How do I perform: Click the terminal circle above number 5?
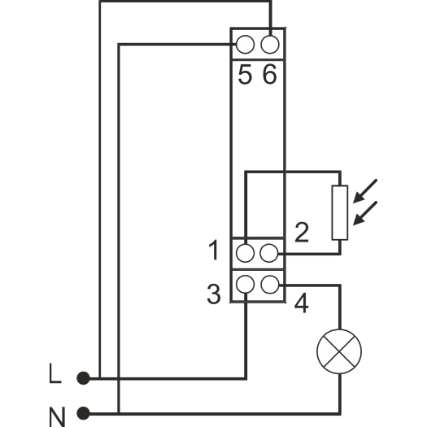tap(245, 45)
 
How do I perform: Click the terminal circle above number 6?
tap(270, 45)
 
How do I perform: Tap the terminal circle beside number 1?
tap(245, 253)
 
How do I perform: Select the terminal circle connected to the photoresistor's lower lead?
tap(269, 253)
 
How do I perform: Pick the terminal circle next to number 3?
tap(245, 284)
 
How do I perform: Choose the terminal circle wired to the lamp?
tap(270, 284)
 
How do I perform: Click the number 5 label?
tap(245, 75)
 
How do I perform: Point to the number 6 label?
tap(269, 74)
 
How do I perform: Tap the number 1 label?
tap(214, 250)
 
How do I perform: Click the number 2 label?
tap(302, 233)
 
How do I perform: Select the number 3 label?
tap(213, 294)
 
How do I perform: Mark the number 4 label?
tap(302, 303)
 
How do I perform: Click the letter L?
tap(55, 373)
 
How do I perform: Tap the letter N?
tap(57, 417)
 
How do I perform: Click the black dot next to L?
tap(83, 378)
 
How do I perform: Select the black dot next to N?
tap(83, 414)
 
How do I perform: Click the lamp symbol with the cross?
tap(339, 352)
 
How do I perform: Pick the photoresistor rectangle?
tap(340, 212)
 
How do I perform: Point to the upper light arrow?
tap(365, 191)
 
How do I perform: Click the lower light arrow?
tap(365, 213)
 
